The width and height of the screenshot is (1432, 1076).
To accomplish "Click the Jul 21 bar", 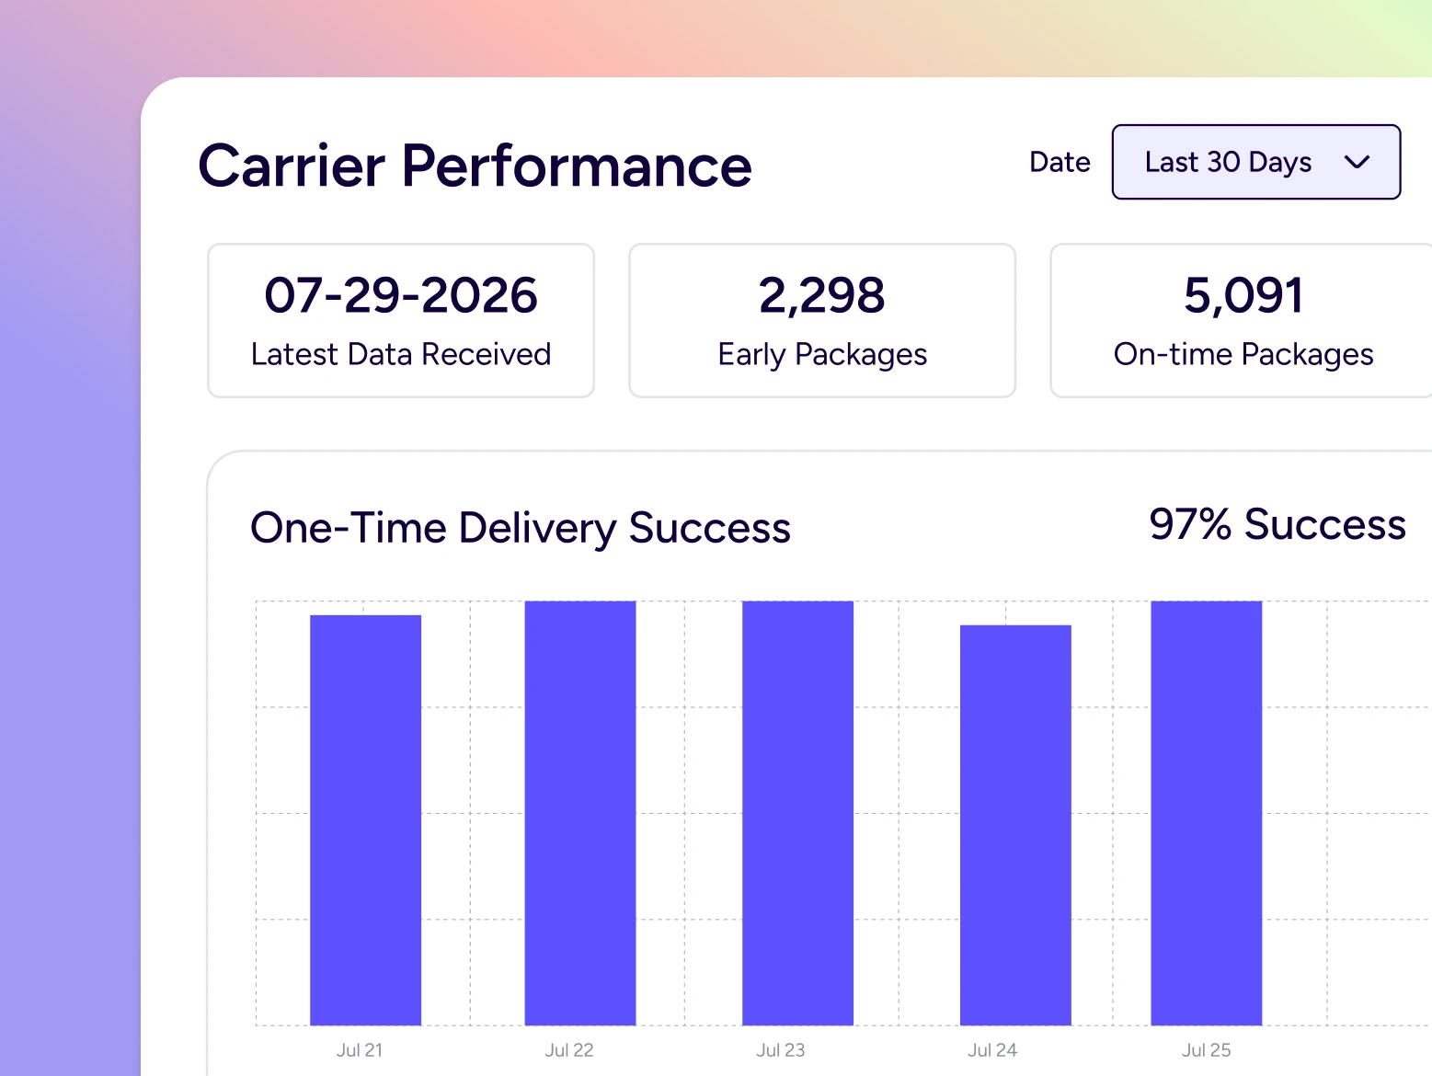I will [365, 819].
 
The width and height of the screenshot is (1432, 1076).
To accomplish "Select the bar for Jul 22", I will [580, 813].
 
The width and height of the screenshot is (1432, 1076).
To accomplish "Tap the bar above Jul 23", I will [797, 813].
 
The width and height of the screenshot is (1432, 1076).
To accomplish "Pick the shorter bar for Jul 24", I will [1015, 825].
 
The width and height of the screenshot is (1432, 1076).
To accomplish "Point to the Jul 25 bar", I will [1206, 813].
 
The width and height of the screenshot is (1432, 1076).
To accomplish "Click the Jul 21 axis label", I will [360, 1050].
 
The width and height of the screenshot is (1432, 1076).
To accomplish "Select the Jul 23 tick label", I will [780, 1050].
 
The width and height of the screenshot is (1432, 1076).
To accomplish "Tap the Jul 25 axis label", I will [1206, 1050].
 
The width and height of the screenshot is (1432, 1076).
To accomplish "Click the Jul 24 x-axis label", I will [992, 1050].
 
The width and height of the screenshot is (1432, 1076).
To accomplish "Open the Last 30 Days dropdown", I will [1255, 162].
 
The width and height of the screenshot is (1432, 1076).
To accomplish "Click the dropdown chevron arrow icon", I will [1357, 163].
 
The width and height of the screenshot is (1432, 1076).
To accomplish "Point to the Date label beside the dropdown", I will [1060, 162].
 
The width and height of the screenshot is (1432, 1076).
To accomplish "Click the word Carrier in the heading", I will [292, 166].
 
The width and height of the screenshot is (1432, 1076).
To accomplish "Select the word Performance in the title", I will [577, 166].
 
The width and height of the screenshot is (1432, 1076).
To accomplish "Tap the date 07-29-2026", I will [401, 295].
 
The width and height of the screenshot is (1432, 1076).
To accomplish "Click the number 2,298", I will [822, 295].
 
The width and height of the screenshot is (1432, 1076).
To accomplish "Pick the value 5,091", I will [1243, 295].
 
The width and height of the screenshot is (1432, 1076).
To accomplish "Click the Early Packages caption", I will [822, 355].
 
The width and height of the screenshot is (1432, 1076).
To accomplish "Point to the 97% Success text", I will [1277, 524].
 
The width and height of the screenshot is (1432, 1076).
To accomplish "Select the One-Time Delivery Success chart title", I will [521, 528].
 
